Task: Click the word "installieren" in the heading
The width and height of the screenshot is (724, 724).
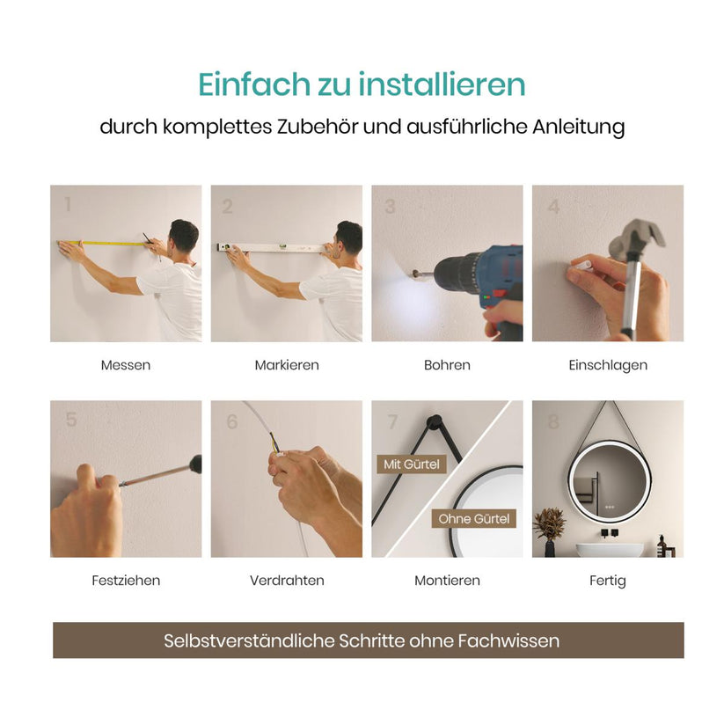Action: click(x=442, y=84)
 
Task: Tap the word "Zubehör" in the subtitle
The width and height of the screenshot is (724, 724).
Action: click(x=318, y=127)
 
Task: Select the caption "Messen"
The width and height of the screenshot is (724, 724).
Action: click(x=126, y=365)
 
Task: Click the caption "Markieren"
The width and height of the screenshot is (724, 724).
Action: click(x=287, y=365)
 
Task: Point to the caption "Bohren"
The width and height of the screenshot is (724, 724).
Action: click(x=447, y=365)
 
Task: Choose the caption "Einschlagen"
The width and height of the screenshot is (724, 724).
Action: click(x=608, y=365)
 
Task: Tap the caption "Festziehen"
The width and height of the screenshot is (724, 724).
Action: click(x=126, y=581)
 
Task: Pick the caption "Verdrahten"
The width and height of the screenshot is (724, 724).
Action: click(x=287, y=581)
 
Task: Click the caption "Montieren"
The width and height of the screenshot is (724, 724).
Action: click(x=447, y=581)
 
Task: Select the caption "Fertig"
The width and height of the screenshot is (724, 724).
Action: click(x=608, y=581)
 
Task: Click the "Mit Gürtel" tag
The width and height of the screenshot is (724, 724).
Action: click(x=412, y=464)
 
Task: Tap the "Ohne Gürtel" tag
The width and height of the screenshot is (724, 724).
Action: click(x=474, y=518)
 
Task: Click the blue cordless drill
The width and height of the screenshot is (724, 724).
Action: click(x=480, y=286)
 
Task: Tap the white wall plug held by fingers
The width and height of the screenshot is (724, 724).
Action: click(x=581, y=267)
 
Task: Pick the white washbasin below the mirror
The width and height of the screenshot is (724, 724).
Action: click(x=609, y=550)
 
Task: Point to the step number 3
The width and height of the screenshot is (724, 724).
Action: click(x=391, y=207)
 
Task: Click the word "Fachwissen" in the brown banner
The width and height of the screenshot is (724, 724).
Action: click(x=508, y=641)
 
